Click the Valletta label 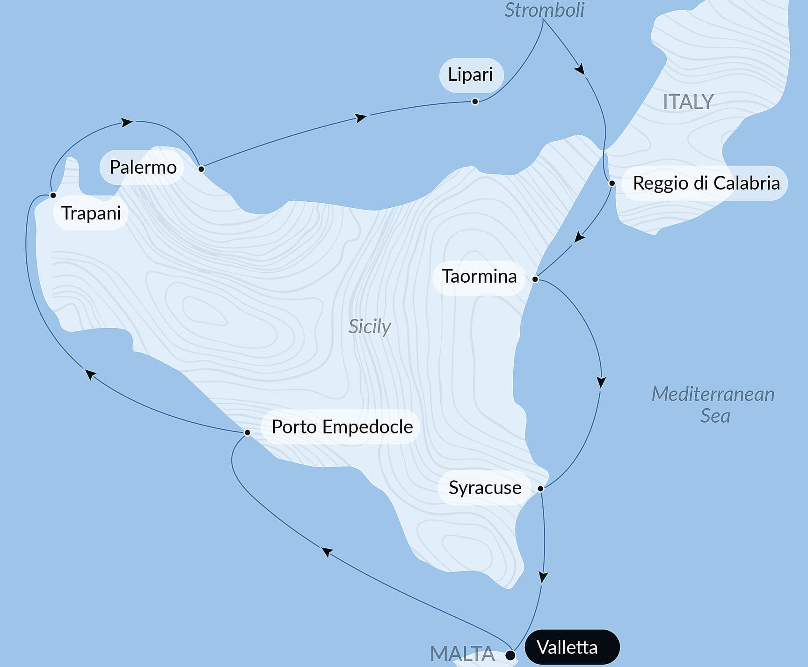567,647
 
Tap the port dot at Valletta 510,654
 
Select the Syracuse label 485,488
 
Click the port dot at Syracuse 540,489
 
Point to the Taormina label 479,276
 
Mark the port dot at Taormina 535,279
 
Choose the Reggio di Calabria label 706,183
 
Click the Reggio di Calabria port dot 611,183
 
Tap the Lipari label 470,74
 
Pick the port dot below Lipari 475,102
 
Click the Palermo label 143,167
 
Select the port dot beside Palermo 201,169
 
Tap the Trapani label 91,213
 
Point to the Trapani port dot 53,195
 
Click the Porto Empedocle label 342,427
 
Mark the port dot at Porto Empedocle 247,432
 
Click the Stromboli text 544,10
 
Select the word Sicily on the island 370,326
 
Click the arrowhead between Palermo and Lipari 361,117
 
